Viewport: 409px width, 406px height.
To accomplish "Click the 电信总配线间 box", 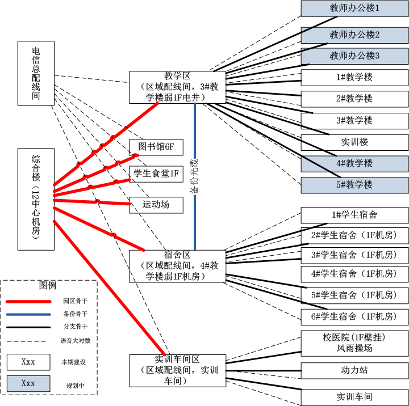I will point(36,73).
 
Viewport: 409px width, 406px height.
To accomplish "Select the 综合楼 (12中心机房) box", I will point(36,199).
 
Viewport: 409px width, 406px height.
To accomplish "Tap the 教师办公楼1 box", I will point(354,8).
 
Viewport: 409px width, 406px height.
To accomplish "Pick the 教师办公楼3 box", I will point(354,56).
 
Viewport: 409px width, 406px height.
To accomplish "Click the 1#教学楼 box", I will point(354,77).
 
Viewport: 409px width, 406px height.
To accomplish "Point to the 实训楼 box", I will point(354,142).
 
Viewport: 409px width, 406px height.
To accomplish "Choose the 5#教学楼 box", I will point(354,185).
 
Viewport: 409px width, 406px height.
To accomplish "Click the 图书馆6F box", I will point(156,147).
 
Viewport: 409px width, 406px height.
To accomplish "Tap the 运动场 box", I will point(156,205).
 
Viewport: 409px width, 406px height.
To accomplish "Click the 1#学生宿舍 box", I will point(354,215).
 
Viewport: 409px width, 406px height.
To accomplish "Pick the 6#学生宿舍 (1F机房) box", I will point(354,316).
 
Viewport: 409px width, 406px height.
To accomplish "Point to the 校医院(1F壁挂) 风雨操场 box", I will point(354,342).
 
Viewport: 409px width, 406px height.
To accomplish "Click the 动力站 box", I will point(354,370).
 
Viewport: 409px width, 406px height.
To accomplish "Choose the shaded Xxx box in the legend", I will point(28,383).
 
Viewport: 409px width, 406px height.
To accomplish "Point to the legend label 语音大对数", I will point(75,341).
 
